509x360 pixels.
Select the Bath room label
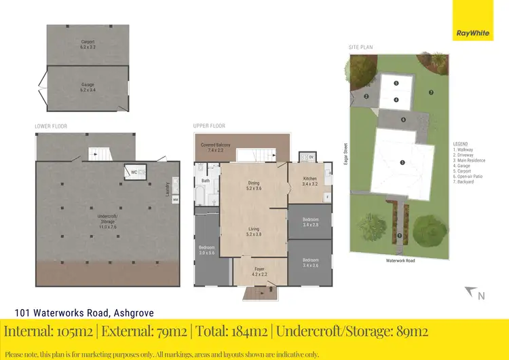205,181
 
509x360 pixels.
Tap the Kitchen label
309,181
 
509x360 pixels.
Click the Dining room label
254,185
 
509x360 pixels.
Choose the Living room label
254,232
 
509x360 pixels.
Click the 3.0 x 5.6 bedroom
206,249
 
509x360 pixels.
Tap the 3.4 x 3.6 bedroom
310,262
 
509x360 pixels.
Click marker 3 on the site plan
402,162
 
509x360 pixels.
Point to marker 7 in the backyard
430,92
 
